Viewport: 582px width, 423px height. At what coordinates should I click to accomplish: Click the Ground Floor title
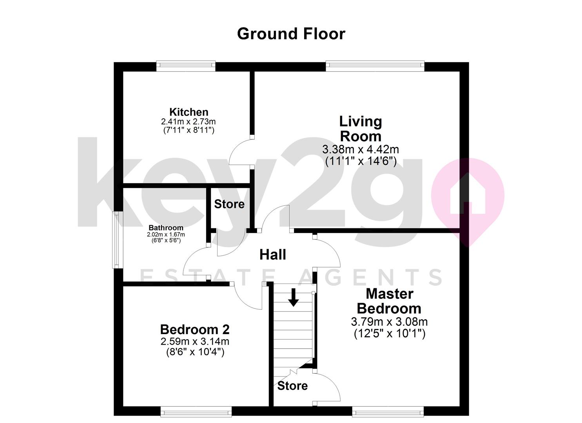pyautogui.click(x=291, y=34)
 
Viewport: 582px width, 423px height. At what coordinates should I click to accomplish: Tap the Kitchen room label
pyautogui.click(x=189, y=112)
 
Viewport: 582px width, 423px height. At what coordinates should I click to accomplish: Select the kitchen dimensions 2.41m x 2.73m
pyautogui.click(x=189, y=121)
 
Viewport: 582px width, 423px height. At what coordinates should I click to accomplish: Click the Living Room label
pyautogui.click(x=361, y=129)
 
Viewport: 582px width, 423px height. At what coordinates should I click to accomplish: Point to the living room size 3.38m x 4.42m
pyautogui.click(x=361, y=149)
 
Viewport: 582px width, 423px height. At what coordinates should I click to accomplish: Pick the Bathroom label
pyautogui.click(x=166, y=228)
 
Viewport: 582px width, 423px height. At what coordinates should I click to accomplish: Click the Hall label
pyautogui.click(x=273, y=255)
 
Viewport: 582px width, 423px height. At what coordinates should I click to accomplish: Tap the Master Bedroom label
pyautogui.click(x=389, y=301)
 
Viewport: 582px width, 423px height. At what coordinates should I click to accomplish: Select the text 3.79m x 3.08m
pyautogui.click(x=389, y=322)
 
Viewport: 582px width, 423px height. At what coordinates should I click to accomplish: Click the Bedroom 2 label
pyautogui.click(x=195, y=329)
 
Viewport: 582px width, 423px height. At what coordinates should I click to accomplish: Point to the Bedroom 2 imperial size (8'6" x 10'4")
pyautogui.click(x=195, y=352)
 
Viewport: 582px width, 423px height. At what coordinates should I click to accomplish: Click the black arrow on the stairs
pyautogui.click(x=293, y=297)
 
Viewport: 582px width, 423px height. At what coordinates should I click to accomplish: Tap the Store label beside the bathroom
pyautogui.click(x=229, y=204)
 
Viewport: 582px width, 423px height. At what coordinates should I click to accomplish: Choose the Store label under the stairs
pyautogui.click(x=292, y=386)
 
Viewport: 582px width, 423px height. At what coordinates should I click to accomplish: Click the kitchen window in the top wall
pyautogui.click(x=186, y=66)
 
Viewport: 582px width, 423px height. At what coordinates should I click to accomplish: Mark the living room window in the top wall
pyautogui.click(x=375, y=66)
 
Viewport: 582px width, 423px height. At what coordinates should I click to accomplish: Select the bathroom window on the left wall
pyautogui.click(x=116, y=240)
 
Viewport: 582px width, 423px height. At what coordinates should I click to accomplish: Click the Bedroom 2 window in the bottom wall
pyautogui.click(x=196, y=412)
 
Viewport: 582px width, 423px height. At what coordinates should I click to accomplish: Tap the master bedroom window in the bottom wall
pyautogui.click(x=388, y=412)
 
